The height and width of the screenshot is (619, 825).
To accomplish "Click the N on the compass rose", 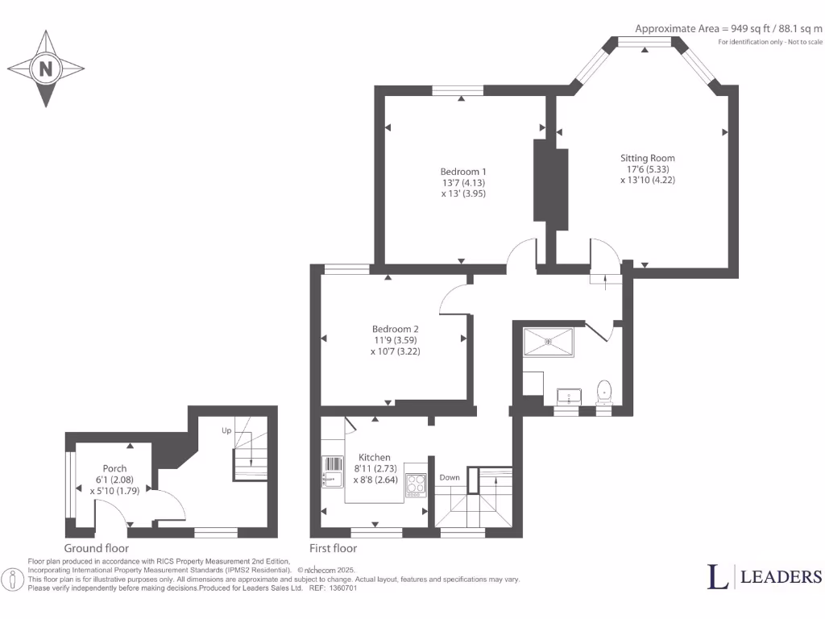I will tap(46, 69).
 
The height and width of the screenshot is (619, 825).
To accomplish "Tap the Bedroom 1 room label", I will tap(463, 172).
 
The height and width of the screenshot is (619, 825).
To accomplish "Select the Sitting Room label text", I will tap(647, 158).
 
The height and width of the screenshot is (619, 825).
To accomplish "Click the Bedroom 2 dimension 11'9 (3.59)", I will tap(395, 340).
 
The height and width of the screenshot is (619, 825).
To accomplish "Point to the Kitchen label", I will tap(375, 457).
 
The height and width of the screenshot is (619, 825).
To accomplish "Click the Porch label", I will tap(114, 468).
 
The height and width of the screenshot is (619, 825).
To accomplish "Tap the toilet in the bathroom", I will tap(604, 392).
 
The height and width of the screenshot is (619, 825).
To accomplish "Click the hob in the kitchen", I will tap(415, 484).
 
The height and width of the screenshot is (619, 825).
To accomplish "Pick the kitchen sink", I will tap(333, 471).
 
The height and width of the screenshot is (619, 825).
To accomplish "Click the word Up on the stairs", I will tap(226, 431).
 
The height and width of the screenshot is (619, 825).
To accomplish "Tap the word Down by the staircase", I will tap(450, 478).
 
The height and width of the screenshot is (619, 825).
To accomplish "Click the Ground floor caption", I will tap(97, 548).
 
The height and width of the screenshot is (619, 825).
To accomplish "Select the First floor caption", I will tap(334, 548).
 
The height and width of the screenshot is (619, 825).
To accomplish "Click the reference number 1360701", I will tap(342, 588).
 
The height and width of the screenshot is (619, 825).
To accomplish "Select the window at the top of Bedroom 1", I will tap(457, 90).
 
